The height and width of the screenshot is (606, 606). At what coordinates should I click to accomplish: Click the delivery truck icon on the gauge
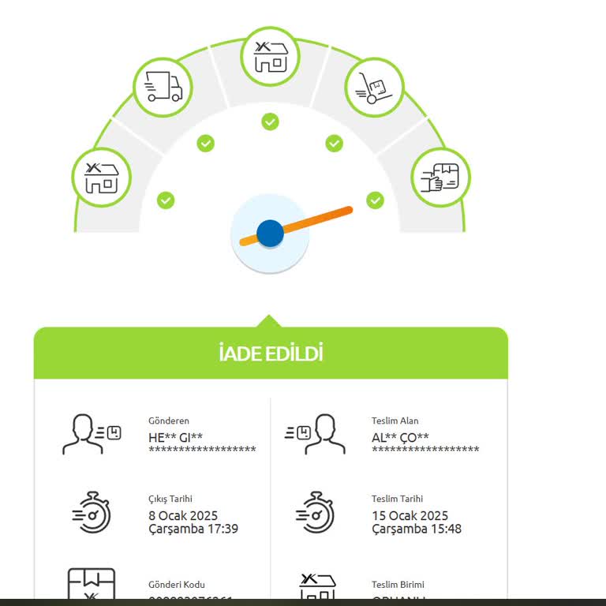tap(163, 87)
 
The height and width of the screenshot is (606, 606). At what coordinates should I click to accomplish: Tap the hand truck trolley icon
tap(375, 87)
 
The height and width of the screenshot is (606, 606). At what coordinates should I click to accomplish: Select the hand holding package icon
tap(440, 178)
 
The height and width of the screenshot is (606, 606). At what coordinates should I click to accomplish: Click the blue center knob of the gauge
tap(270, 234)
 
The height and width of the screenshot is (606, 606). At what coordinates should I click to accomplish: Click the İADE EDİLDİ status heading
tap(271, 353)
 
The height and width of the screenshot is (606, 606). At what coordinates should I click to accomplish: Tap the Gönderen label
tap(169, 421)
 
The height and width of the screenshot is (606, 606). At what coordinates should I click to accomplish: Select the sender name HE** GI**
tap(175, 437)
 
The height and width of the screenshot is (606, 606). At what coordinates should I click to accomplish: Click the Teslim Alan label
tap(395, 421)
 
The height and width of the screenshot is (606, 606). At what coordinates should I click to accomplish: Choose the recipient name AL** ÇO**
tap(400, 437)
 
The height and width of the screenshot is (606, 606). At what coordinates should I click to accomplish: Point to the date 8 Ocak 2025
tap(183, 516)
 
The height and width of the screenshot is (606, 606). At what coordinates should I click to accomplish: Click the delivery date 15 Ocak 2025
tap(410, 516)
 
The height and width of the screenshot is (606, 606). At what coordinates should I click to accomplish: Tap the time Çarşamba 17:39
tap(193, 529)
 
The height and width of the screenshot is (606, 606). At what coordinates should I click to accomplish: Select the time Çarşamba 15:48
tap(417, 529)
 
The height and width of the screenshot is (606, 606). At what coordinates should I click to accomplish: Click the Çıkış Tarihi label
tap(170, 499)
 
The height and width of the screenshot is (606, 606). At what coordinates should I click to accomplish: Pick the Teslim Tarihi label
tap(397, 499)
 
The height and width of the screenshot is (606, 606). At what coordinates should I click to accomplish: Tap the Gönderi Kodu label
tap(177, 585)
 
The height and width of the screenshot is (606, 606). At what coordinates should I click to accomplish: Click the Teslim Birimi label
tap(398, 585)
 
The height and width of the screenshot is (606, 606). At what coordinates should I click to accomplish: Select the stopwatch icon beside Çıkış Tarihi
tap(92, 512)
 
